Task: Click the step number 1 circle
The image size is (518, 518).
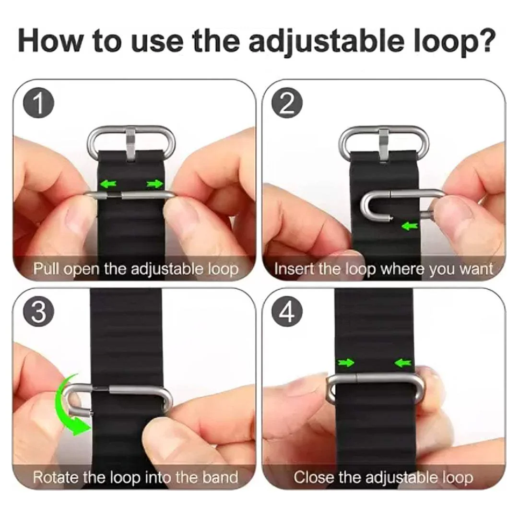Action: tap(38, 103)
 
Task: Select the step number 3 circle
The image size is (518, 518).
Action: tap(38, 312)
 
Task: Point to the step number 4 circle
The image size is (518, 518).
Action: tap(287, 312)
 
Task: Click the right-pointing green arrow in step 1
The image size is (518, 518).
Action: tap(155, 184)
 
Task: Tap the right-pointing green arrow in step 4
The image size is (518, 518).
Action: tap(345, 363)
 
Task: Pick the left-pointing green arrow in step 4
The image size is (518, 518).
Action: tap(403, 363)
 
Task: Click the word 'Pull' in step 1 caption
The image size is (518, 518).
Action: tap(47, 269)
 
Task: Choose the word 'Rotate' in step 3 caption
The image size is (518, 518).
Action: tap(56, 477)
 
